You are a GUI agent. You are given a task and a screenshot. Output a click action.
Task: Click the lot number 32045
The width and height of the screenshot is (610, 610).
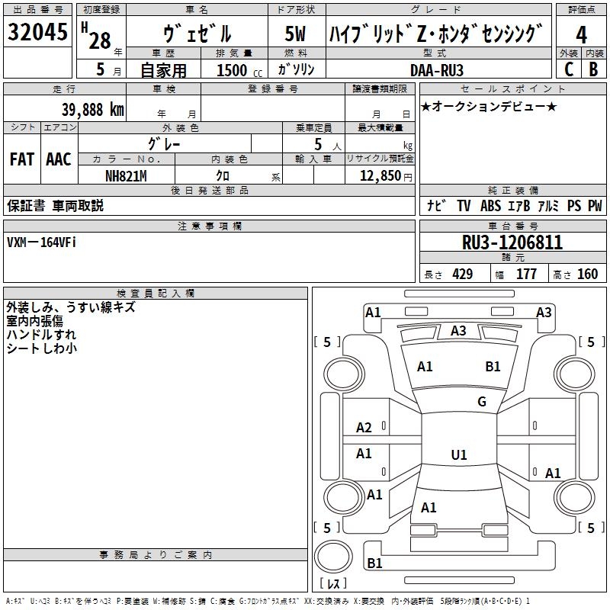37,31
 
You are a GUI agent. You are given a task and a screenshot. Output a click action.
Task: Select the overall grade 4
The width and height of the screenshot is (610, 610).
581,35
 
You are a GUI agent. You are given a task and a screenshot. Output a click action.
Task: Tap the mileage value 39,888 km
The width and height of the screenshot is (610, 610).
92,110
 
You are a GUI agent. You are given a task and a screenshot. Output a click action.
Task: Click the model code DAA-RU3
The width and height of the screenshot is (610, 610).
437,70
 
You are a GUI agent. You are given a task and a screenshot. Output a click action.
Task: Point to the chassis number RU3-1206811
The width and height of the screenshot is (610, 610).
512,242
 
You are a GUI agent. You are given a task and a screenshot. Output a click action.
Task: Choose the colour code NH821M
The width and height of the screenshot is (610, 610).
126,176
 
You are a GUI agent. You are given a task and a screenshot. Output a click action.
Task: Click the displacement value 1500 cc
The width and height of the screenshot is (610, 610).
239,70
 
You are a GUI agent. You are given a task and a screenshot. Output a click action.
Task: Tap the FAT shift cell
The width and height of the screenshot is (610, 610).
22,159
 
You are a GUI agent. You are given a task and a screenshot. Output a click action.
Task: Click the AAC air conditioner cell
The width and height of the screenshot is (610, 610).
59,159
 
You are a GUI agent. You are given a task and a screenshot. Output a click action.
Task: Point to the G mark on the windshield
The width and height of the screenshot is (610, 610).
482,401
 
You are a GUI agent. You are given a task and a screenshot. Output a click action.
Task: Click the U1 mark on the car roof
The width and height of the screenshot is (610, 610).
459,454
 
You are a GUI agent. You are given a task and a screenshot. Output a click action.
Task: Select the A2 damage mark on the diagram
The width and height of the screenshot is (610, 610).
364,428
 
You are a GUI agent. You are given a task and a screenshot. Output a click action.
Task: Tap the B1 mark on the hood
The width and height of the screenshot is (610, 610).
493,367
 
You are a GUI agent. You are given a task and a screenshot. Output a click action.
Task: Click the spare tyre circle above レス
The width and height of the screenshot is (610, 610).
333,556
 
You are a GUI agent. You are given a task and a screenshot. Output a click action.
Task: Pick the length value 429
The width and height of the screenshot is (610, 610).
463,274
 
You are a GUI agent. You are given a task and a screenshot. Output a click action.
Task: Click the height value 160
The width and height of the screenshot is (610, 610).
587,274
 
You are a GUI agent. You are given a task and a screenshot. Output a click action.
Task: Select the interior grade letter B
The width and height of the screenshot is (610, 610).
594,69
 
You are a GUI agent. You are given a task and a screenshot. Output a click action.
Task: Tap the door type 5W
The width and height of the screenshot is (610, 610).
295,34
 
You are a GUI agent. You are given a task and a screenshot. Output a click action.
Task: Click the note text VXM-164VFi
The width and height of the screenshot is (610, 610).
41,242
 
